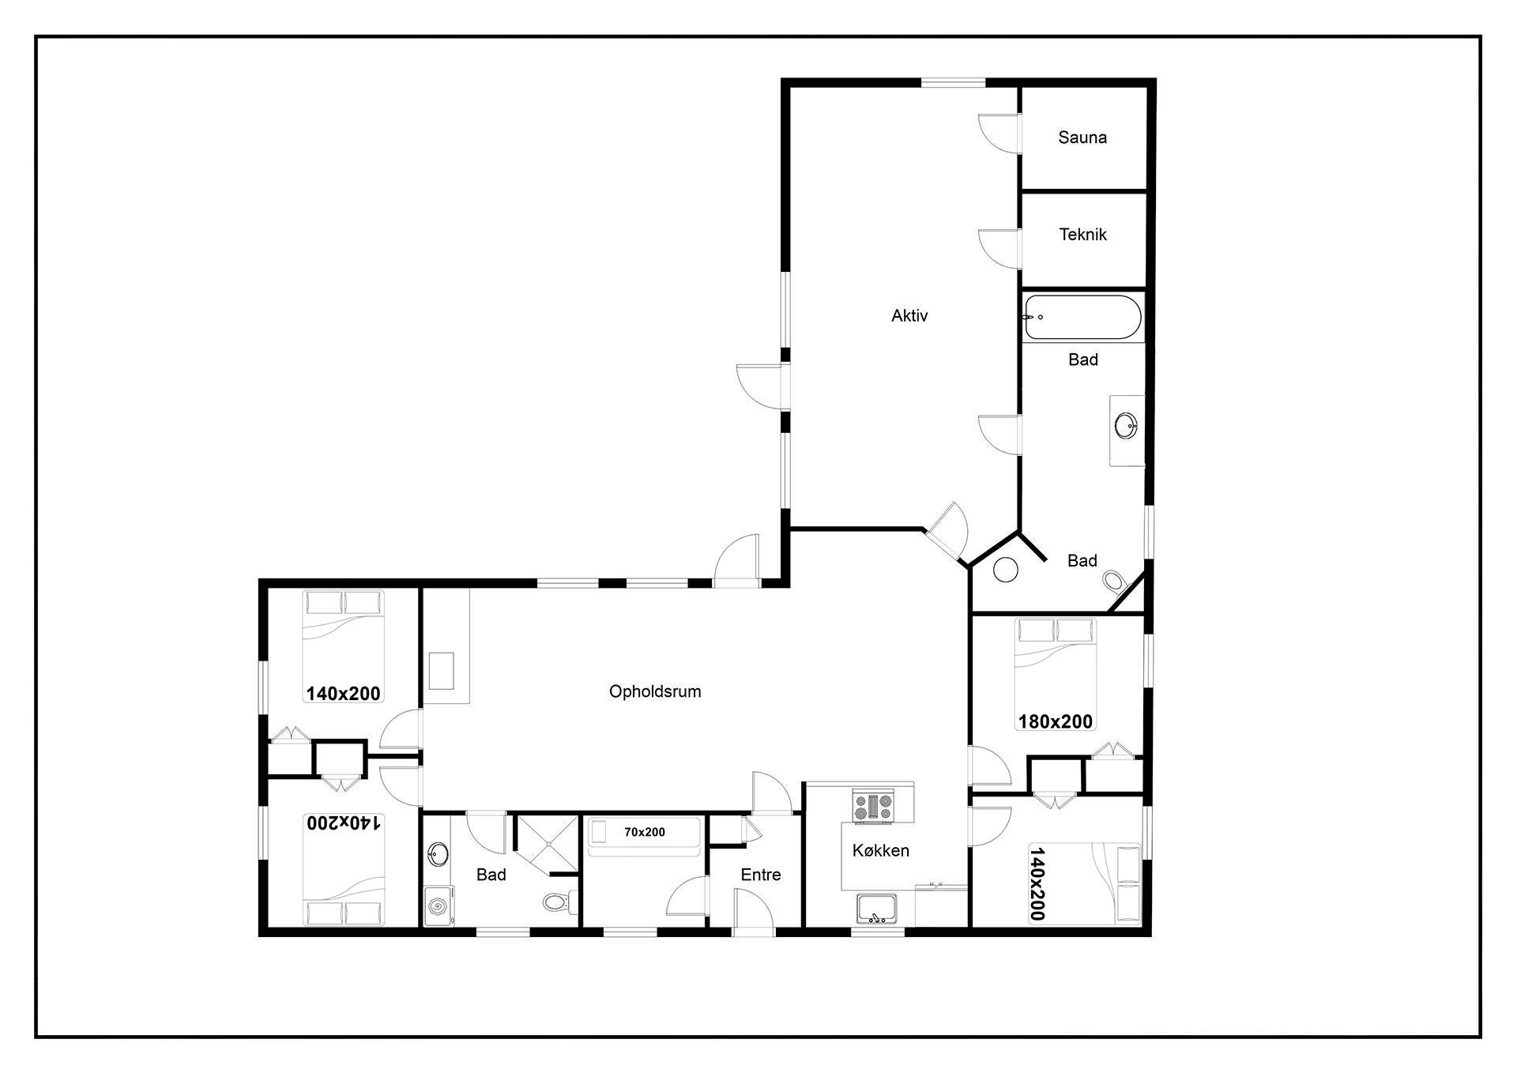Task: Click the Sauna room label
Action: pos(1082,137)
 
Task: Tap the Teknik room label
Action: pos(1082,235)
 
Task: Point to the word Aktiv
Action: pos(909,316)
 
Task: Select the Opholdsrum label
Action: pos(655,692)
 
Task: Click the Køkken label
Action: pos(881,851)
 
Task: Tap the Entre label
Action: pos(761,875)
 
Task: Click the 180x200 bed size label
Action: pos(1056,721)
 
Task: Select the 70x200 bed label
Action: pos(645,832)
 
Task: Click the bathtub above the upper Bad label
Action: pos(1082,318)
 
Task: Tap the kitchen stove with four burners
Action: pos(873,806)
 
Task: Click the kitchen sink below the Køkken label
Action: pos(877,909)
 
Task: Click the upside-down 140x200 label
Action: pos(344,823)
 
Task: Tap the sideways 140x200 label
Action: pos(1037,884)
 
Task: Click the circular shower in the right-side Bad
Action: pos(1005,570)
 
